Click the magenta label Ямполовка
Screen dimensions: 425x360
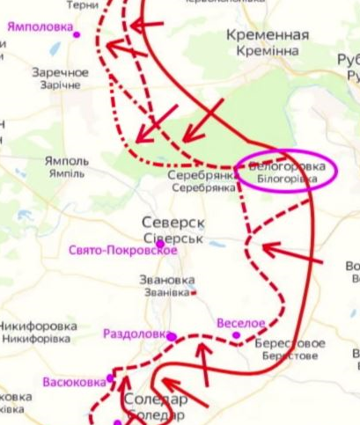click(x=40, y=26)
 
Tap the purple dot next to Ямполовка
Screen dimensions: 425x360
click(x=77, y=34)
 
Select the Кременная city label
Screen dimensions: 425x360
click(x=268, y=35)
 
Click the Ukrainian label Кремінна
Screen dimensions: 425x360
click(x=268, y=52)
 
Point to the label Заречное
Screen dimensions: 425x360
click(x=61, y=72)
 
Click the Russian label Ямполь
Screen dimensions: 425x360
click(x=66, y=161)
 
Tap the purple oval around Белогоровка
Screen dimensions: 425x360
click(x=288, y=172)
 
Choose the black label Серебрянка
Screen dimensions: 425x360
click(x=203, y=175)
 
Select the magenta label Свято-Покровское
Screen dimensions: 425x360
click(x=123, y=251)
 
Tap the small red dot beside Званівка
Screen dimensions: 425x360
click(x=195, y=293)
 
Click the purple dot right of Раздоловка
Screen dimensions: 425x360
click(x=172, y=336)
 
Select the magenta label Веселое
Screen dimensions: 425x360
click(x=241, y=323)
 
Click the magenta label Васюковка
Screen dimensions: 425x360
click(x=74, y=383)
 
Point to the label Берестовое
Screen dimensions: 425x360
click(x=290, y=343)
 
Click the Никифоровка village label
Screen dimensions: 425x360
click(x=38, y=323)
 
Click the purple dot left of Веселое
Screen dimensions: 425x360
click(x=236, y=334)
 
